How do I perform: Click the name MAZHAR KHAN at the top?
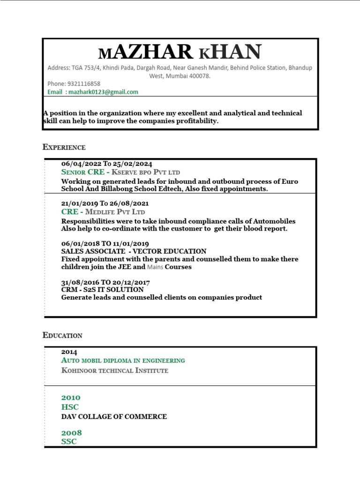pos(180,52)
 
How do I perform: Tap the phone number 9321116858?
pos(84,83)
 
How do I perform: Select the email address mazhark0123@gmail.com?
pos(103,92)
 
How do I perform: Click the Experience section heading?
pos(64,147)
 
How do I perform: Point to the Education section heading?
pos(62,335)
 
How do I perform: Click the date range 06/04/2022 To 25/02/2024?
pos(106,164)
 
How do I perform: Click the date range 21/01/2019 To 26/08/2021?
pos(105,203)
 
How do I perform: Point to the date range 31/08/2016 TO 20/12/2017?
pos(105,282)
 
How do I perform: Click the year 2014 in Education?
pos(69,352)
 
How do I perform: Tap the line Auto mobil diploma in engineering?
pos(123,360)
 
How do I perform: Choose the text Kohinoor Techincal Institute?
pos(114,370)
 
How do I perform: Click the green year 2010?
pos(71,397)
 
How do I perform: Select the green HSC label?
pos(70,407)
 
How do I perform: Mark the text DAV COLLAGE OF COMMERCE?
pos(114,416)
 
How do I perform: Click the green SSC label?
pos(69,442)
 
